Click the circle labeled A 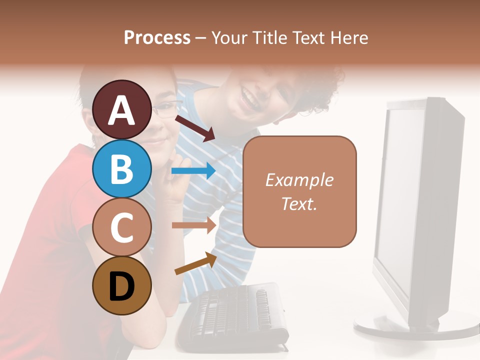tap(121, 109)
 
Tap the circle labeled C tap(121, 227)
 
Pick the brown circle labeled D tap(121, 285)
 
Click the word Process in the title tap(157, 37)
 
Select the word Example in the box tap(299, 180)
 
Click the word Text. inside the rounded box tap(299, 203)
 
